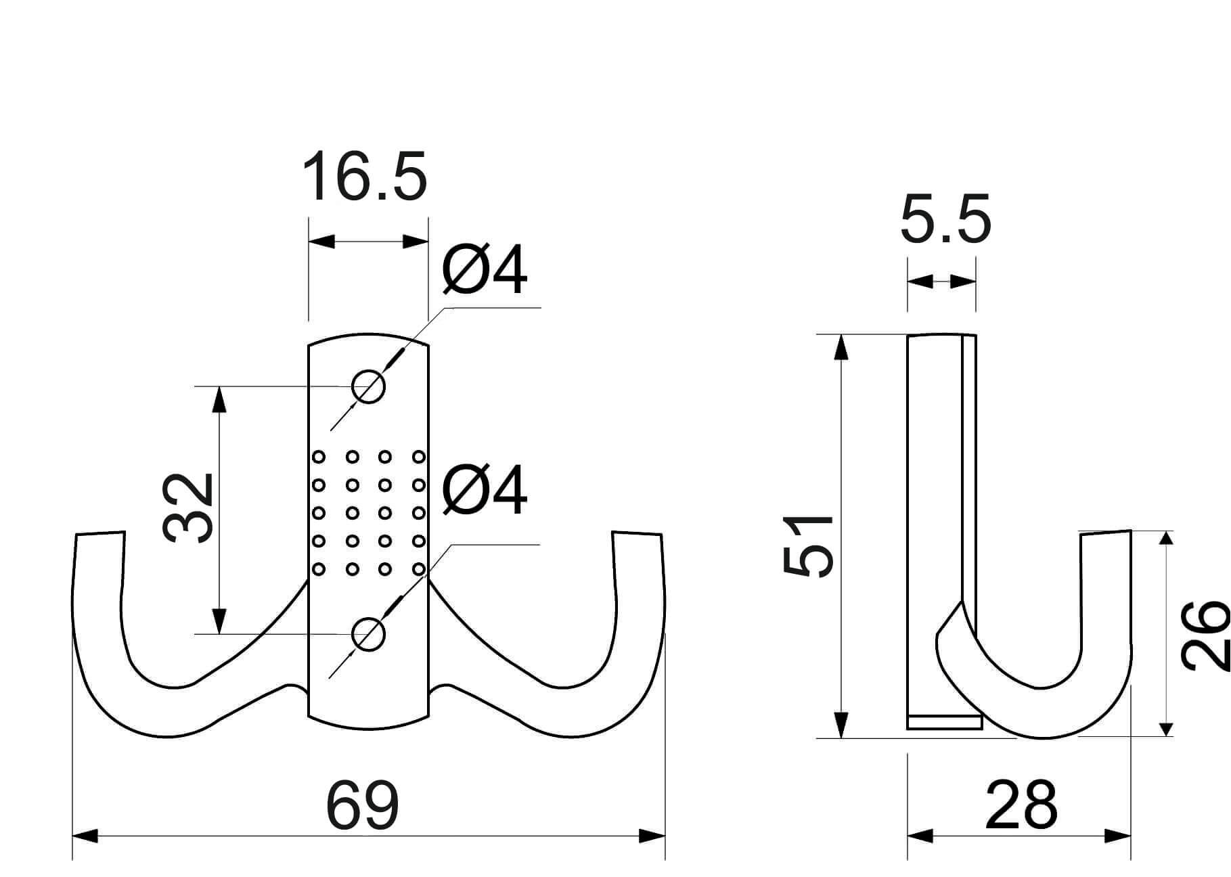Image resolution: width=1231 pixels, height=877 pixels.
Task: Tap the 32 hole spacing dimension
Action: coord(189,508)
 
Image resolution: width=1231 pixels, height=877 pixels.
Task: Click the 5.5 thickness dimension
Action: coord(945,219)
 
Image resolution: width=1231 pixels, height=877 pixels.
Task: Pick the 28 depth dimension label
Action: coord(1021,805)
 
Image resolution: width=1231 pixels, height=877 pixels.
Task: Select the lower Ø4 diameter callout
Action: coord(484,490)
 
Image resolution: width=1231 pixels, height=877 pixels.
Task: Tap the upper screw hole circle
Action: coord(368,387)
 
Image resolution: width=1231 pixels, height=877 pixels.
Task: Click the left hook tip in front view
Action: coord(100,534)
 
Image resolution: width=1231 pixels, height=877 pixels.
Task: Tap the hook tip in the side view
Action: coord(1106,534)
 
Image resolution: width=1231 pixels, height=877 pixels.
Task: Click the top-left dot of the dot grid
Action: coord(319,457)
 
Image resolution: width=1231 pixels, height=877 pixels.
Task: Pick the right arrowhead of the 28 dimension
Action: coord(1118,836)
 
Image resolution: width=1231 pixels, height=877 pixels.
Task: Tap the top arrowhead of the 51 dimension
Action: coord(841,348)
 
